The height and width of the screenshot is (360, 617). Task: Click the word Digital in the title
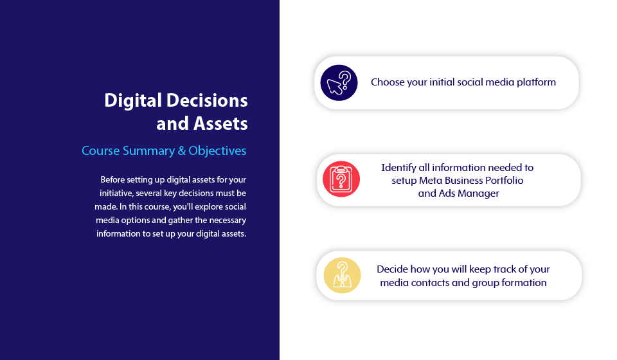[134, 101]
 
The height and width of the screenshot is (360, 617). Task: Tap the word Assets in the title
[220, 123]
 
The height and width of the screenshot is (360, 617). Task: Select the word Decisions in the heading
[207, 100]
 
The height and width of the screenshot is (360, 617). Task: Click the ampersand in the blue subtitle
[181, 150]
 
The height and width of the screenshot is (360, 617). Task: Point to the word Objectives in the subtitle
[217, 151]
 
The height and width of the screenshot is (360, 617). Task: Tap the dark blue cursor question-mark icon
[339, 83]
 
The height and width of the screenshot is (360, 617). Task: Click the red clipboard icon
[341, 179]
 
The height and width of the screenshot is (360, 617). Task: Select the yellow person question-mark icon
[342, 275]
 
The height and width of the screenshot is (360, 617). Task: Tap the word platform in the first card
[536, 82]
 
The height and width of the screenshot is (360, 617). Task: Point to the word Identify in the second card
[398, 168]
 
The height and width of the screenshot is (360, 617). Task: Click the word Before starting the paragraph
[112, 180]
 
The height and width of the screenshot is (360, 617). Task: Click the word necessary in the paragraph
[228, 221]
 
